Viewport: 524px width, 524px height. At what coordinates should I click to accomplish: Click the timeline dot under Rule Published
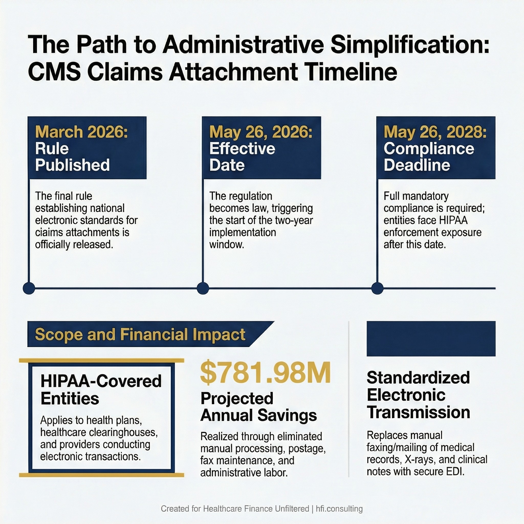29,288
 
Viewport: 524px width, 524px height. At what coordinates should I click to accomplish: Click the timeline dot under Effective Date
203,288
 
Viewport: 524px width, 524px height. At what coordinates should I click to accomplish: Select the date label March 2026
81,132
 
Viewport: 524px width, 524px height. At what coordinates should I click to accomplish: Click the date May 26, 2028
435,132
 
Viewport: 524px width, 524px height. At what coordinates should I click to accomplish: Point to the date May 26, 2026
261,132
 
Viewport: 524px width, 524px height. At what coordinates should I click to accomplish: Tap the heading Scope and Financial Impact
140,334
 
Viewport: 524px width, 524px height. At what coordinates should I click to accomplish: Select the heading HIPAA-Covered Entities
101,390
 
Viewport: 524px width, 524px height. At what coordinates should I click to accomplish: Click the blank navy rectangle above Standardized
431,339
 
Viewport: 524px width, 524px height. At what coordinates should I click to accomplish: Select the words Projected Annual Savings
258,407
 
